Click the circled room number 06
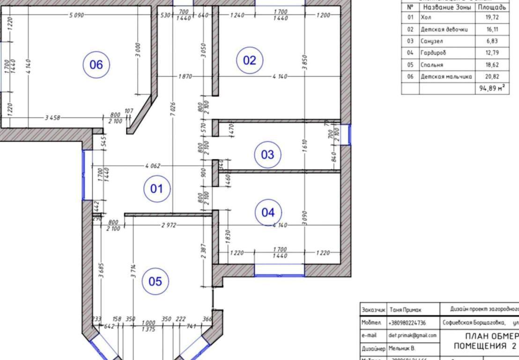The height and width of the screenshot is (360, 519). pyautogui.click(x=96, y=65)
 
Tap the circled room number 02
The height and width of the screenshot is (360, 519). pyautogui.click(x=250, y=60)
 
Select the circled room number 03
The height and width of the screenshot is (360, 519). pyautogui.click(x=267, y=154)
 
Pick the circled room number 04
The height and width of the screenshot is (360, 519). pyautogui.click(x=268, y=212)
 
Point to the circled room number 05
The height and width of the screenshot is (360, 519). pyautogui.click(x=155, y=281)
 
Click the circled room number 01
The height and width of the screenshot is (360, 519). pyautogui.click(x=156, y=189)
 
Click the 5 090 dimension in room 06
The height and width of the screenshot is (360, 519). pyautogui.click(x=76, y=15)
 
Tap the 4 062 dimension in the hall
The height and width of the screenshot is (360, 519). pyautogui.click(x=153, y=165)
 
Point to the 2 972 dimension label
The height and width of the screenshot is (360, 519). pyautogui.click(x=169, y=225)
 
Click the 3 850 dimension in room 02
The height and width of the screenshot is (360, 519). pyautogui.click(x=304, y=62)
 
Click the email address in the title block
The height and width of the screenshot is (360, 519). pyautogui.click(x=412, y=336)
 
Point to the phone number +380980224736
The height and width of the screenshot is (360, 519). pyautogui.click(x=407, y=323)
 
